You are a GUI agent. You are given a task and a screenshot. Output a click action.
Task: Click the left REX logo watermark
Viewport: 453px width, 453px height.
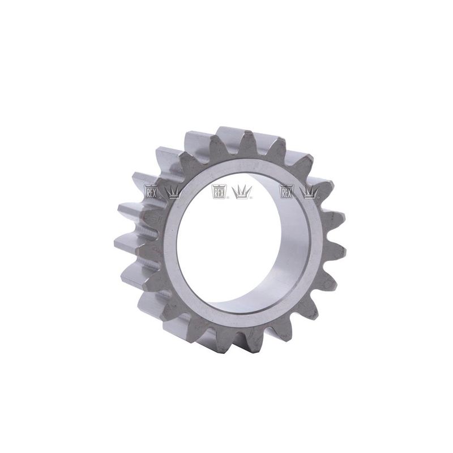tap(151, 191)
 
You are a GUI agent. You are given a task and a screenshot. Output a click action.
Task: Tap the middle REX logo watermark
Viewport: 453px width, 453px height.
tap(219, 191)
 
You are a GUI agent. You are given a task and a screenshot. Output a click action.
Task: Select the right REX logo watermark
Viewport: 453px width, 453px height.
tap(287, 191)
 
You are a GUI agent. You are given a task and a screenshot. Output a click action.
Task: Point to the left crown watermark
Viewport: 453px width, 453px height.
tap(173, 192)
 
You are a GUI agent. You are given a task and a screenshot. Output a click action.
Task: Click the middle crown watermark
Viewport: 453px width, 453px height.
tap(242, 192)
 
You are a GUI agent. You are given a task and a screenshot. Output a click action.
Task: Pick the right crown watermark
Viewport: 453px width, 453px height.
tap(309, 192)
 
